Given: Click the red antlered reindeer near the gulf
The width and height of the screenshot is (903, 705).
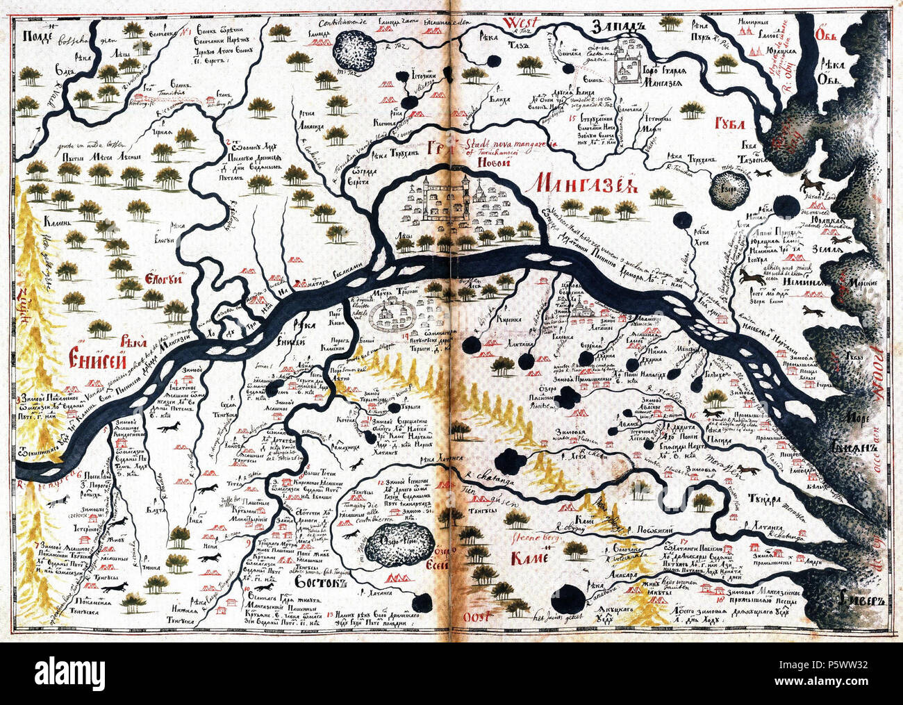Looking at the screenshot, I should pyautogui.click(x=811, y=183).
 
